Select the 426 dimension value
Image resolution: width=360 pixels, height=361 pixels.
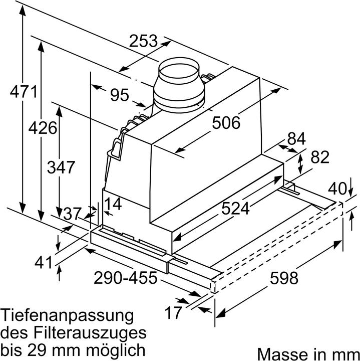pyautogui.click(x=42, y=129)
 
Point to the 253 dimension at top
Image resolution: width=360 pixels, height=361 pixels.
pyautogui.click(x=143, y=41)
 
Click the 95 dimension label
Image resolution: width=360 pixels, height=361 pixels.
pyautogui.click(x=120, y=95)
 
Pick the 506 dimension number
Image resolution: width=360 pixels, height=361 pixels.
pyautogui.click(x=226, y=122)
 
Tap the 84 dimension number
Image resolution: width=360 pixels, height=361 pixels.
pyautogui.click(x=296, y=139)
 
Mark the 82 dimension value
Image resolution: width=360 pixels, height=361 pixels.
pyautogui.click(x=319, y=157)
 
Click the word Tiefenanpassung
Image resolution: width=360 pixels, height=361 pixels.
pyautogui.click(x=68, y=316)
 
